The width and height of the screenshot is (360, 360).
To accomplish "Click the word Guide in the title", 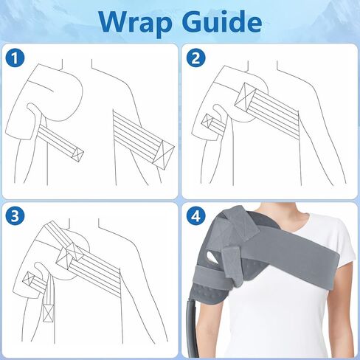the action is tap(222, 21).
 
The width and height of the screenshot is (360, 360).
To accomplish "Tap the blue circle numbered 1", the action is tap(15, 58).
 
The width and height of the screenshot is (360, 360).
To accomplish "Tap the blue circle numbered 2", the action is tap(195, 58).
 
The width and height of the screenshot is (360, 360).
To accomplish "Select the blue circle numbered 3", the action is tap(15, 217).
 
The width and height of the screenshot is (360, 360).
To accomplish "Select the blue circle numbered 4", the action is tap(195, 217).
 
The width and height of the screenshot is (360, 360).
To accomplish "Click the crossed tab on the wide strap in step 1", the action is tap(163, 154).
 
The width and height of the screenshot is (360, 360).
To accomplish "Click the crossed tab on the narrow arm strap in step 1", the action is tap(77, 155).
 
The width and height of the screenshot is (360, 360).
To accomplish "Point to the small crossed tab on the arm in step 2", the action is tap(207, 121).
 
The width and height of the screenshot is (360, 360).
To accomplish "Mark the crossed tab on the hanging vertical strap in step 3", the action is tap(48, 313).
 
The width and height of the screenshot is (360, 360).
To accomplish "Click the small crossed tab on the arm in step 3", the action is tap(29, 280).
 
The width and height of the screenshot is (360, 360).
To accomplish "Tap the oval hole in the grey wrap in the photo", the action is tap(212, 257).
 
